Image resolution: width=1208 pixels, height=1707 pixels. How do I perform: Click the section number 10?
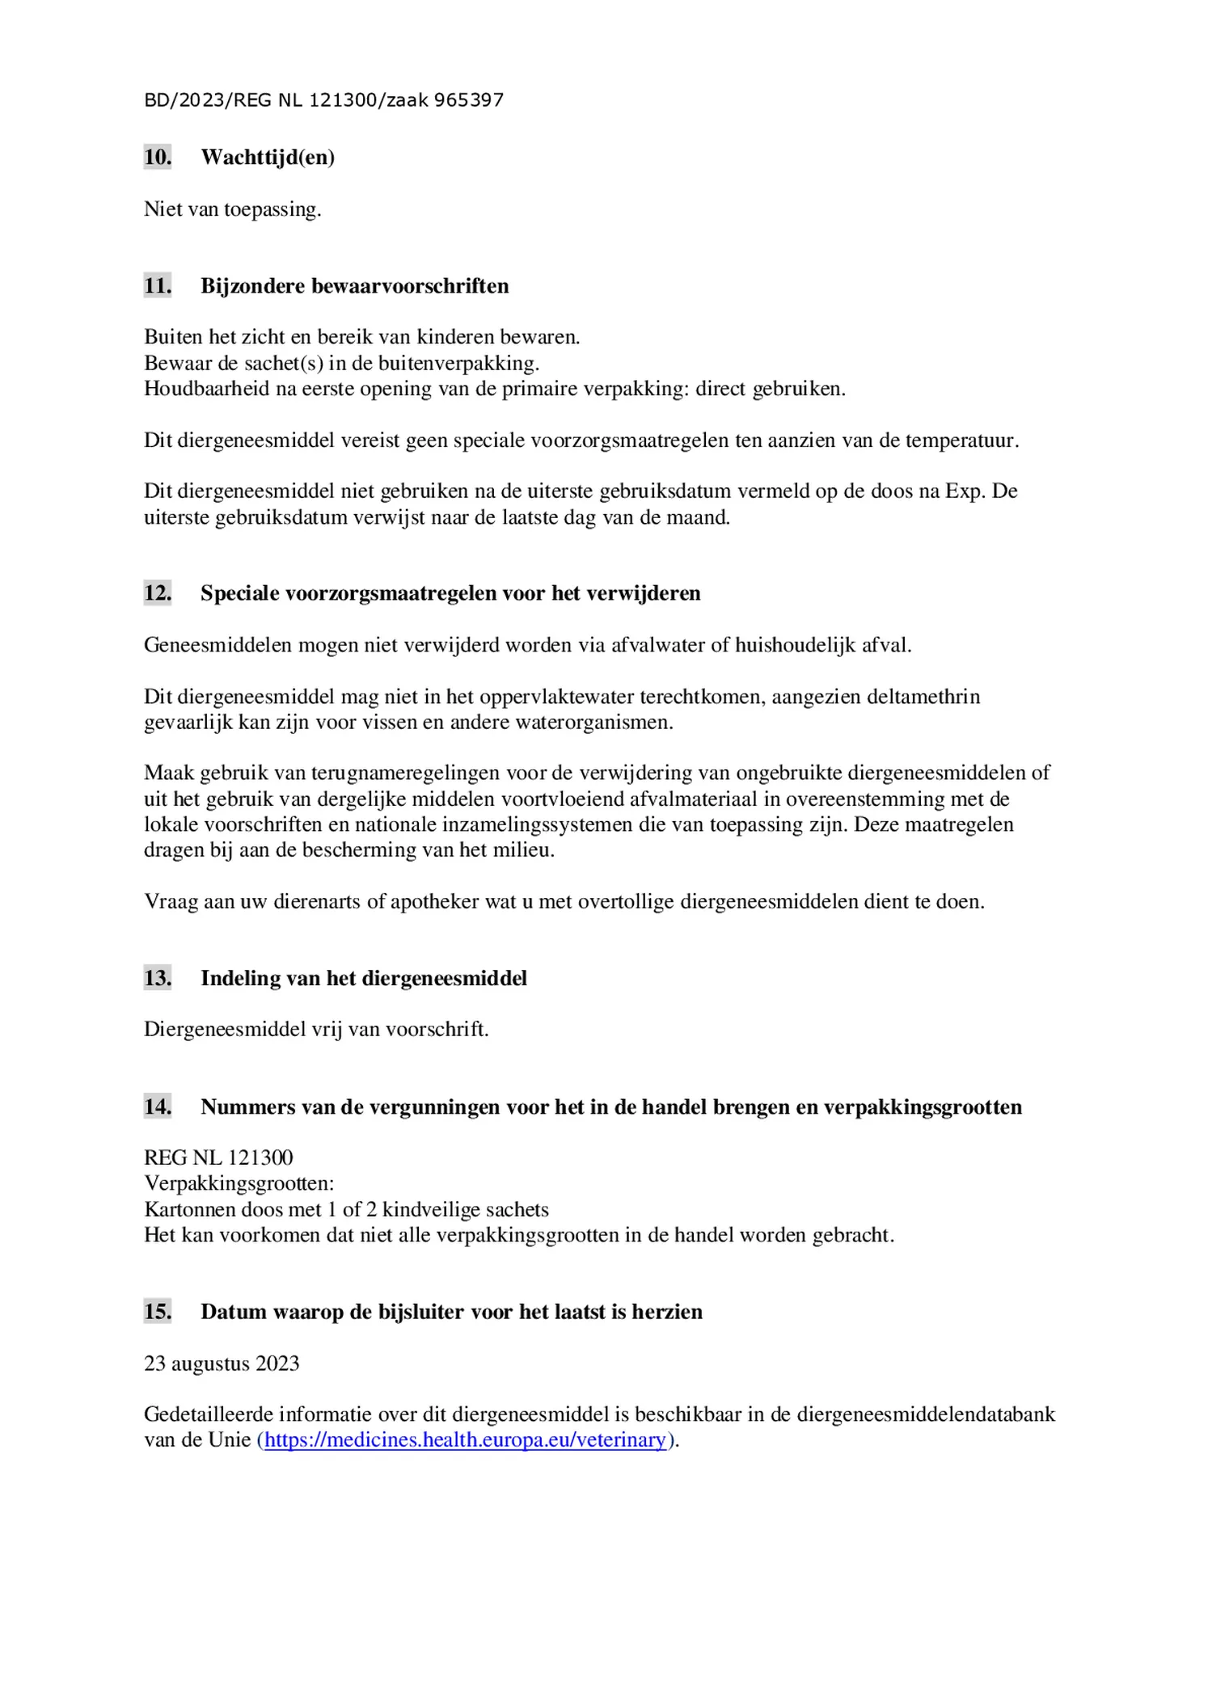tap(158, 157)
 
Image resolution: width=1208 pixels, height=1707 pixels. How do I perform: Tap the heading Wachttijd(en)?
tap(268, 157)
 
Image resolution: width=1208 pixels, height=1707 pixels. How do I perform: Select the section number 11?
tap(158, 285)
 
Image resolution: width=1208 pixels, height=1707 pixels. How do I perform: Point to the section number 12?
tap(158, 592)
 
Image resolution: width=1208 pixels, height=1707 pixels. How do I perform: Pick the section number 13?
tap(158, 978)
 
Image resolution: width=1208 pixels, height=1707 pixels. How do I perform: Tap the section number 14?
tap(158, 1106)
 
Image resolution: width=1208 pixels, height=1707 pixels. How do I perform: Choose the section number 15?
tap(158, 1311)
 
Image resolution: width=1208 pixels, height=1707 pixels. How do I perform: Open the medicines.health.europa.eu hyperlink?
tap(465, 1439)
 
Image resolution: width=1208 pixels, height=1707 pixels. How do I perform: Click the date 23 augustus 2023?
tap(222, 1363)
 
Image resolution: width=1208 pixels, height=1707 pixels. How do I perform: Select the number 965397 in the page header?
tap(469, 100)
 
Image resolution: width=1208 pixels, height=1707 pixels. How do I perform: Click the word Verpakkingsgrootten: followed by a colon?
tap(239, 1183)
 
